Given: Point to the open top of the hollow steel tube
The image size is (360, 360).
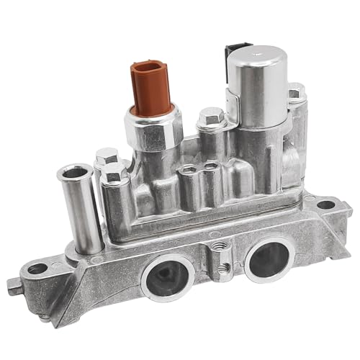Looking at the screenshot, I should (74, 173).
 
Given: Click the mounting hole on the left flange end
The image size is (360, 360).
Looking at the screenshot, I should (37, 269).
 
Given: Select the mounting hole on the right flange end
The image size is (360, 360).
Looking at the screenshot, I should (326, 204).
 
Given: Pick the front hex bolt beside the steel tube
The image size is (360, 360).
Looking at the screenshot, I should (115, 174).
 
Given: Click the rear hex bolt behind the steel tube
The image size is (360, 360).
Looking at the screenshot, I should (107, 156).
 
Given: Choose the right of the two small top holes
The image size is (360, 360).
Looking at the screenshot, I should (211, 167).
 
